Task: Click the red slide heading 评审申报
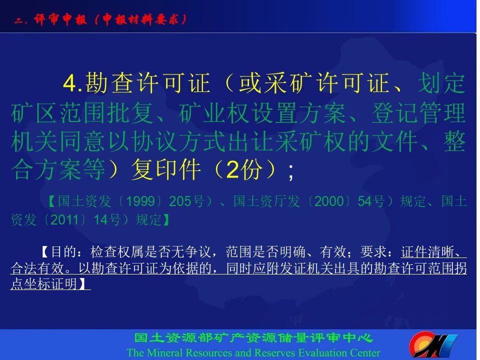[60, 19]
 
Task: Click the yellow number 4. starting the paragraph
[72, 83]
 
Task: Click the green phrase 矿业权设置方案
[262, 112]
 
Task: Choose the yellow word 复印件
[166, 169]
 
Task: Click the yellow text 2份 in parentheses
[244, 169]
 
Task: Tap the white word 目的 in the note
[63, 251]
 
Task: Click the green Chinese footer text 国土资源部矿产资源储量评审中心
[253, 338]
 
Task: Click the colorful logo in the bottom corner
[433, 344]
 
